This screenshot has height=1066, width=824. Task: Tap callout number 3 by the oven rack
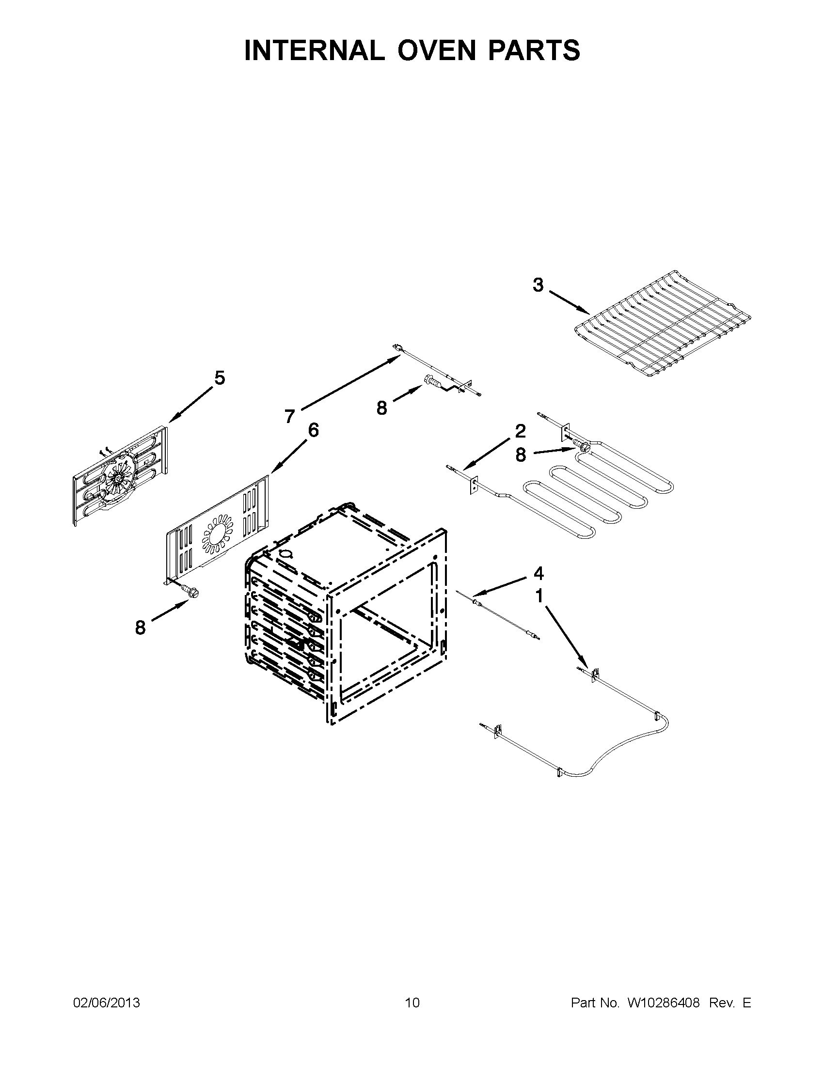[x=538, y=285]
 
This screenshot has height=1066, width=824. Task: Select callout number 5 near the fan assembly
[x=220, y=378]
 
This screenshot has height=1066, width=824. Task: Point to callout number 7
[x=290, y=416]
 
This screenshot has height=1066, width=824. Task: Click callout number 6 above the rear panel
[x=313, y=430]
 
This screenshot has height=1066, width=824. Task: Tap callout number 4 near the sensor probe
[x=538, y=573]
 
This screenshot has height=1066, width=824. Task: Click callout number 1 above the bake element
[x=539, y=596]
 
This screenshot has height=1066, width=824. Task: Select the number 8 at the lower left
[x=141, y=627]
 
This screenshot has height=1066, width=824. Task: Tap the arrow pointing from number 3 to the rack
[x=569, y=302]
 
